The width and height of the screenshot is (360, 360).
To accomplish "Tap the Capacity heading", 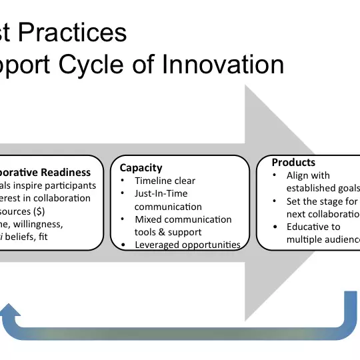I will pos(141,168).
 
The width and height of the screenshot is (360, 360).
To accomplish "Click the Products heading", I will pos(293,163).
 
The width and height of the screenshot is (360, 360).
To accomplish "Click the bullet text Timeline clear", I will pos(165,181).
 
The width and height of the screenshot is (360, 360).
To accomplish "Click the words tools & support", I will pos(168,232).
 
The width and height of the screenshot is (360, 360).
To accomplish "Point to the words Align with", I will pos(308,176).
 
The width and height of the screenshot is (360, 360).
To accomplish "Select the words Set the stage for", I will pos(322,201).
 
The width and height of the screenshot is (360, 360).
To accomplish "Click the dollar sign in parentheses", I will pos(39,211).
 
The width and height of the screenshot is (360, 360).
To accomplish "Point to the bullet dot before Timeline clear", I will pos(124,181).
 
